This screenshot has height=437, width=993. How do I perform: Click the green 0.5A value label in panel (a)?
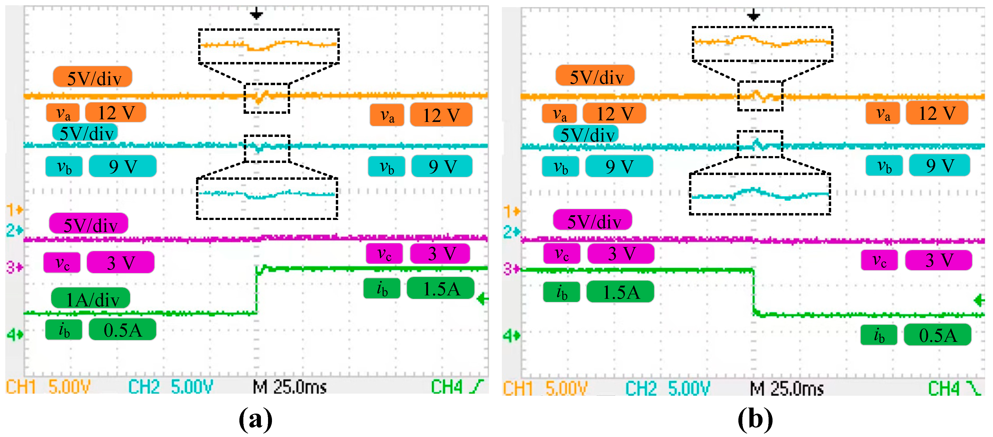pyautogui.click(x=123, y=330)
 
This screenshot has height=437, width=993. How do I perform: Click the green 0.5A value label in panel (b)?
pyautogui.click(x=938, y=335)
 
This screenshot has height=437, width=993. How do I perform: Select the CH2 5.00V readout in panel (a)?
pyautogui.click(x=170, y=387)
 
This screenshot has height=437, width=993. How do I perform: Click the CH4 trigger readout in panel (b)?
pyautogui.click(x=954, y=388)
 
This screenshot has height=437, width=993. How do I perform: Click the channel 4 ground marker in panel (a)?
pyautogui.click(x=15, y=335)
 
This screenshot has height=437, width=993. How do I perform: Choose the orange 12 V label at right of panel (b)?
pyautogui.click(x=937, y=113)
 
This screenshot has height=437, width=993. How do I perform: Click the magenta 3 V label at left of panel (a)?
pyautogui.click(x=121, y=263)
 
